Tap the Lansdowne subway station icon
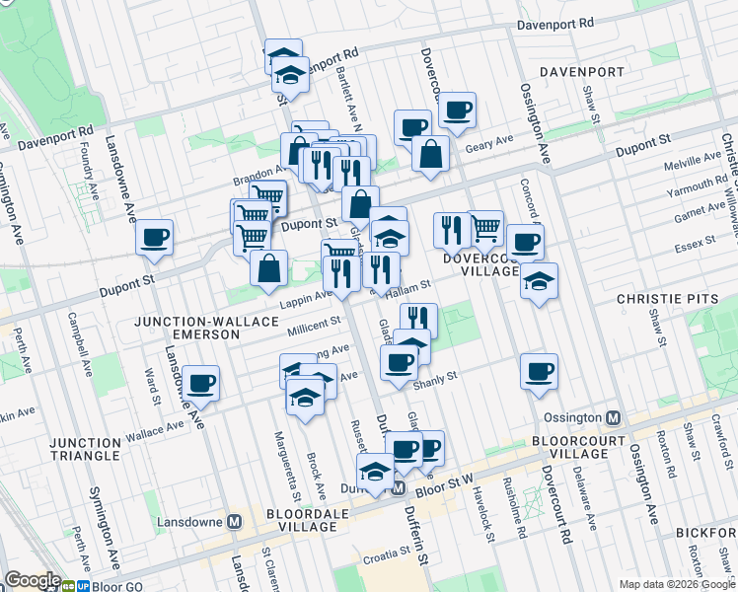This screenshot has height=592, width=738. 235,521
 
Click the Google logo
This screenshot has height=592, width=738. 32,581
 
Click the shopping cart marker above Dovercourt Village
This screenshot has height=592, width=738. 485,228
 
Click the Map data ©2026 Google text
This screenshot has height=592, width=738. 676,584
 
